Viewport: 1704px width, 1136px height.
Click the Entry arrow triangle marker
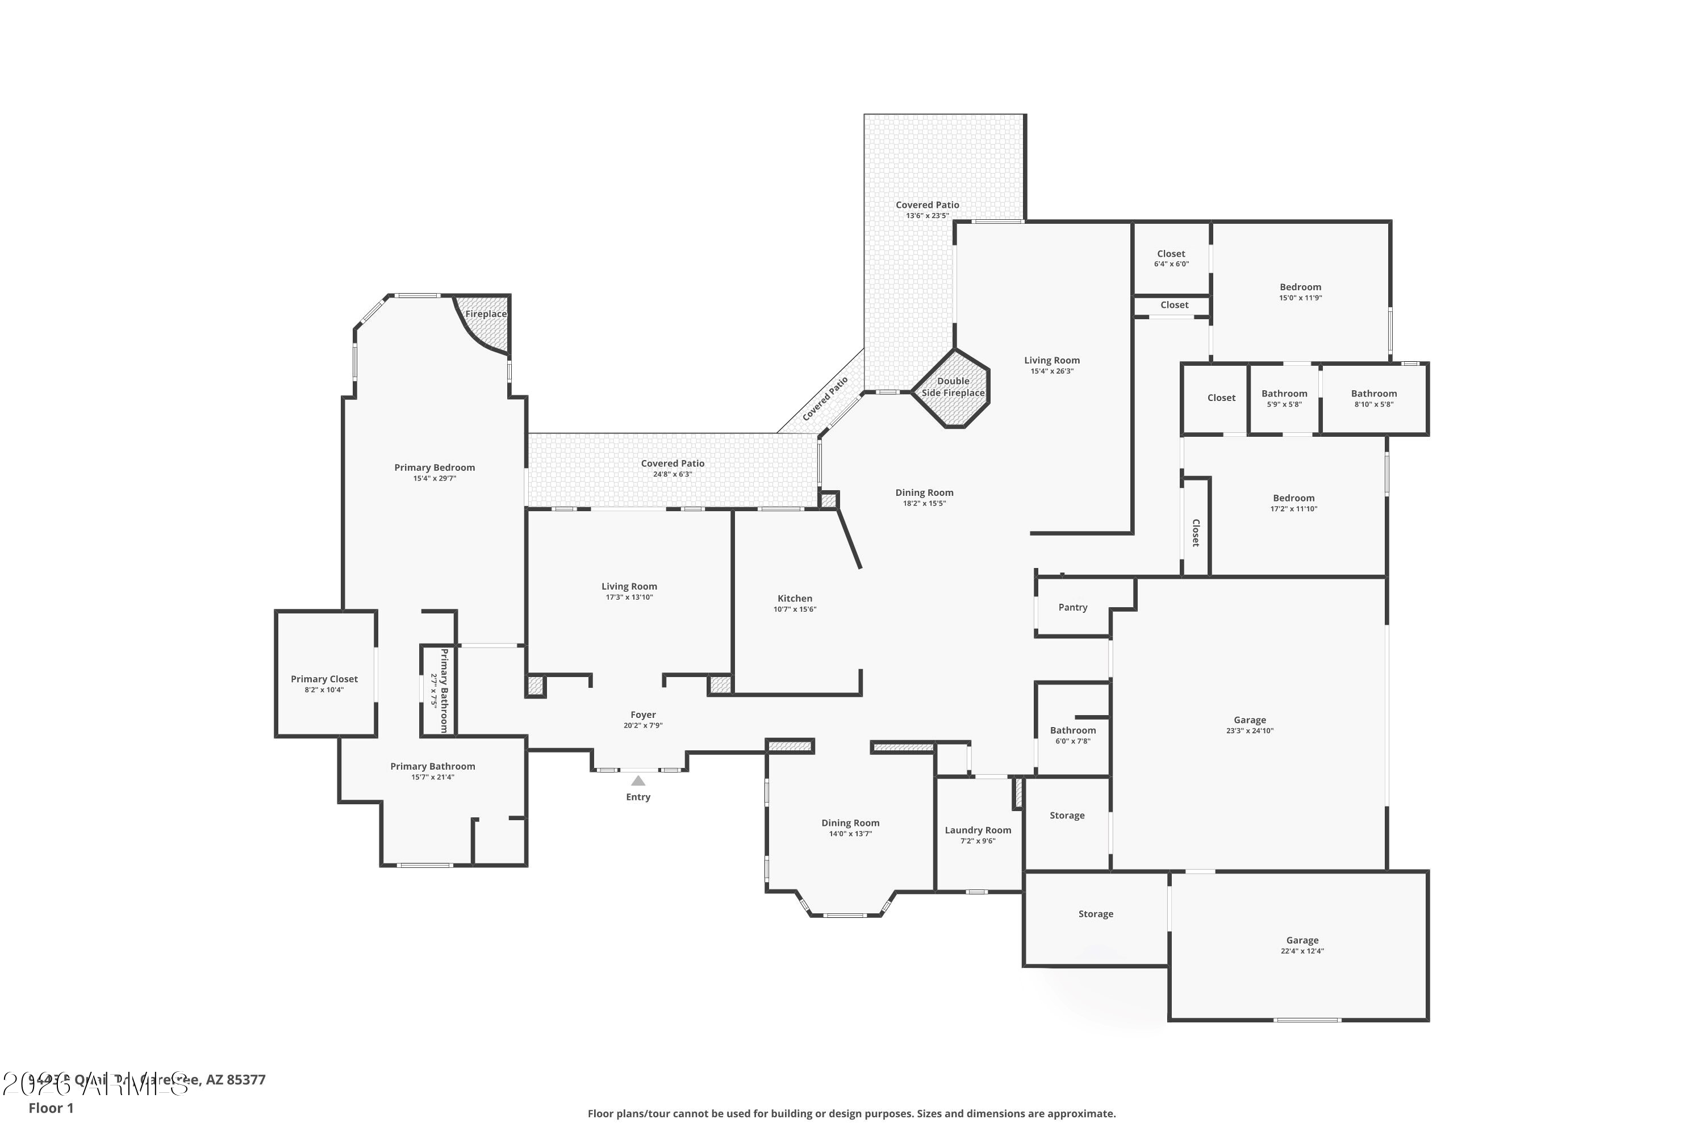637,781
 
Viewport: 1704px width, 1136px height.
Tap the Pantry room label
1072,607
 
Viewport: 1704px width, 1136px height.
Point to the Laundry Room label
978,830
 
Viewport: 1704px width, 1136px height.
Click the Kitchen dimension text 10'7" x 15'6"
794,609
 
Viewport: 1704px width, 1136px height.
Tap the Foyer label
642,715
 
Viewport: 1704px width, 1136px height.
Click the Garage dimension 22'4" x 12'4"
1302,951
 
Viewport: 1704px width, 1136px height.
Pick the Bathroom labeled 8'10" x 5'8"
1373,399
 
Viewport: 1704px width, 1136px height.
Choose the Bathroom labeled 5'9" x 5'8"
1284,399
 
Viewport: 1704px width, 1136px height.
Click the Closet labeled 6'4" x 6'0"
1171,258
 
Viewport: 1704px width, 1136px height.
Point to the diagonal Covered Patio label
825,399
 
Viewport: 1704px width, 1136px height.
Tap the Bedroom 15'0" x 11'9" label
1300,287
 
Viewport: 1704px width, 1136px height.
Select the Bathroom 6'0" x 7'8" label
1072,730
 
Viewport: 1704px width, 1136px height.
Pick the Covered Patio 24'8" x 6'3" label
673,463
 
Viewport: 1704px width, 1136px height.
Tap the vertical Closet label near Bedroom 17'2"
1196,533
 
